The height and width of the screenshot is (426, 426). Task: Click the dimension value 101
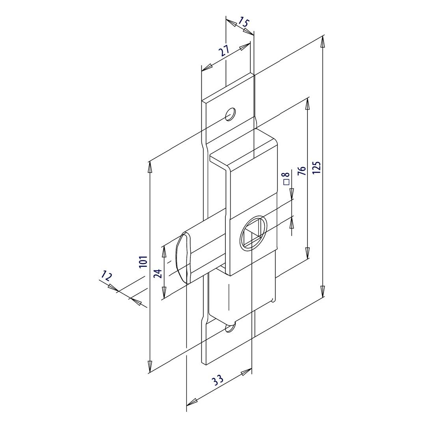pyautogui.click(x=143, y=261)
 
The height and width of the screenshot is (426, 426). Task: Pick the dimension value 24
pyautogui.click(x=158, y=273)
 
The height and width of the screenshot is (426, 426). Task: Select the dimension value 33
pyautogui.click(x=218, y=380)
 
